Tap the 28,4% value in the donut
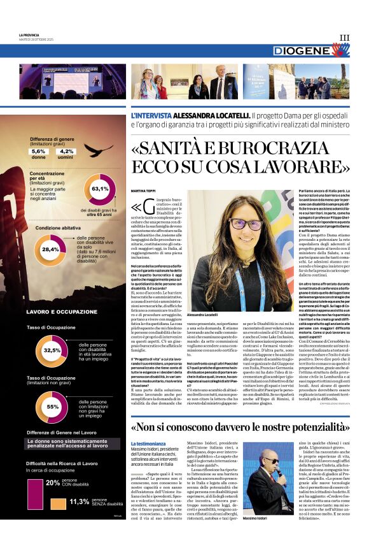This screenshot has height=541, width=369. [50, 250]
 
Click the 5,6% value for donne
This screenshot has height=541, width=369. [38, 151]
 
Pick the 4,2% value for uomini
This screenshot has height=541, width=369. [66, 151]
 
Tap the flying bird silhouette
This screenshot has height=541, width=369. [99, 150]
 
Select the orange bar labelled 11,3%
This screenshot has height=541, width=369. [59, 503]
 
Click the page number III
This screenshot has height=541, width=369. [344, 38]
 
